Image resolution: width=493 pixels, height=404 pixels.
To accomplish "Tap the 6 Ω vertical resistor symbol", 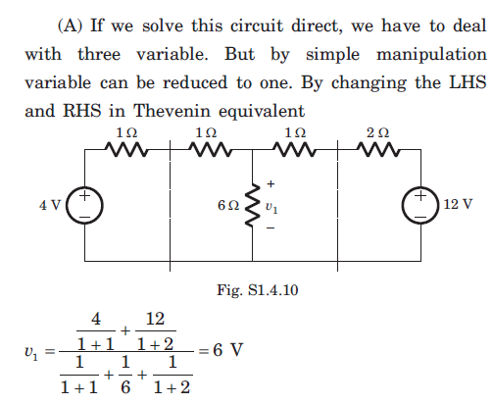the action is pyautogui.click(x=252, y=205).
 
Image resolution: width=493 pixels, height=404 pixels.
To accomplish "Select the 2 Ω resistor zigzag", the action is pyautogui.click(x=378, y=149).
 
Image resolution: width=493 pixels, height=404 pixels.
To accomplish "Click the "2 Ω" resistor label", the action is pyautogui.click(x=378, y=133).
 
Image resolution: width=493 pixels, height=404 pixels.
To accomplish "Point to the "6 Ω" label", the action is pyautogui.click(x=228, y=205).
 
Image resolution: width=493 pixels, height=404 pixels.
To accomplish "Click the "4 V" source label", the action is pyautogui.click(x=50, y=205).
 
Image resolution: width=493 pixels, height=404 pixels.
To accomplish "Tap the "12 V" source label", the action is pyautogui.click(x=458, y=204).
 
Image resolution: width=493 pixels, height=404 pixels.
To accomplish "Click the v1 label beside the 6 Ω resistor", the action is pyautogui.click(x=271, y=207).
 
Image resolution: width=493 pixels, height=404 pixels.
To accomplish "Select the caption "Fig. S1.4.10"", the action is pyautogui.click(x=258, y=290).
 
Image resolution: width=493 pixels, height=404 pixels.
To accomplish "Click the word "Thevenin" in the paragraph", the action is pyautogui.click(x=172, y=111).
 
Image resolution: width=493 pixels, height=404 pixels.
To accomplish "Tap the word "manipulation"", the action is pyautogui.click(x=431, y=54).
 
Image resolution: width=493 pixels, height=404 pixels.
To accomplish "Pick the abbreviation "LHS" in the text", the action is pyautogui.click(x=468, y=82).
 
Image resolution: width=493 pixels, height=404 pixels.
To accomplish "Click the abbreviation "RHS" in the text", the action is pyautogui.click(x=81, y=111).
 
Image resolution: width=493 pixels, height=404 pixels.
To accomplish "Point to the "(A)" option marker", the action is pyautogui.click(x=71, y=25).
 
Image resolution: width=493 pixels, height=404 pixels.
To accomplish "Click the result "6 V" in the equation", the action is pyautogui.click(x=228, y=350).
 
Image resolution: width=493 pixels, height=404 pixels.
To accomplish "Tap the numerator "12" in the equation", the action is pyautogui.click(x=155, y=319).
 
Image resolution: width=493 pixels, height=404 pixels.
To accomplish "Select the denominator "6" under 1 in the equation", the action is pyautogui.click(x=125, y=387).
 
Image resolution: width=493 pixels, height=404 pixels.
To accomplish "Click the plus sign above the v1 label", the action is pyautogui.click(x=271, y=184).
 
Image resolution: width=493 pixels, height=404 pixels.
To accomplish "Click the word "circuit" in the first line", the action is pyautogui.click(x=257, y=25).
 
